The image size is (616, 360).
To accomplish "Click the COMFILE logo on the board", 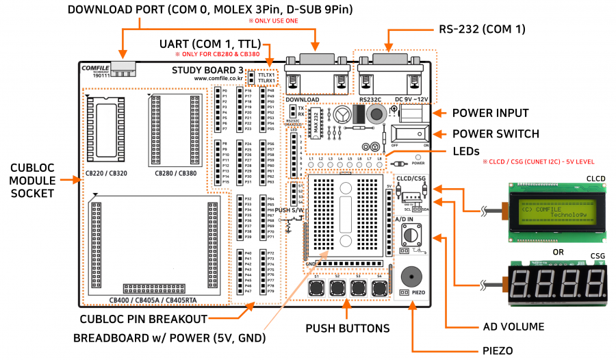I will point(94,68).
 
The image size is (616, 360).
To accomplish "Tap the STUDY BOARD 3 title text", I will point(207,70).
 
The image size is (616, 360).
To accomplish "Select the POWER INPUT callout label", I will point(490,113).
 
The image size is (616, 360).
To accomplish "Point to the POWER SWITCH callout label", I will point(496,133).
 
